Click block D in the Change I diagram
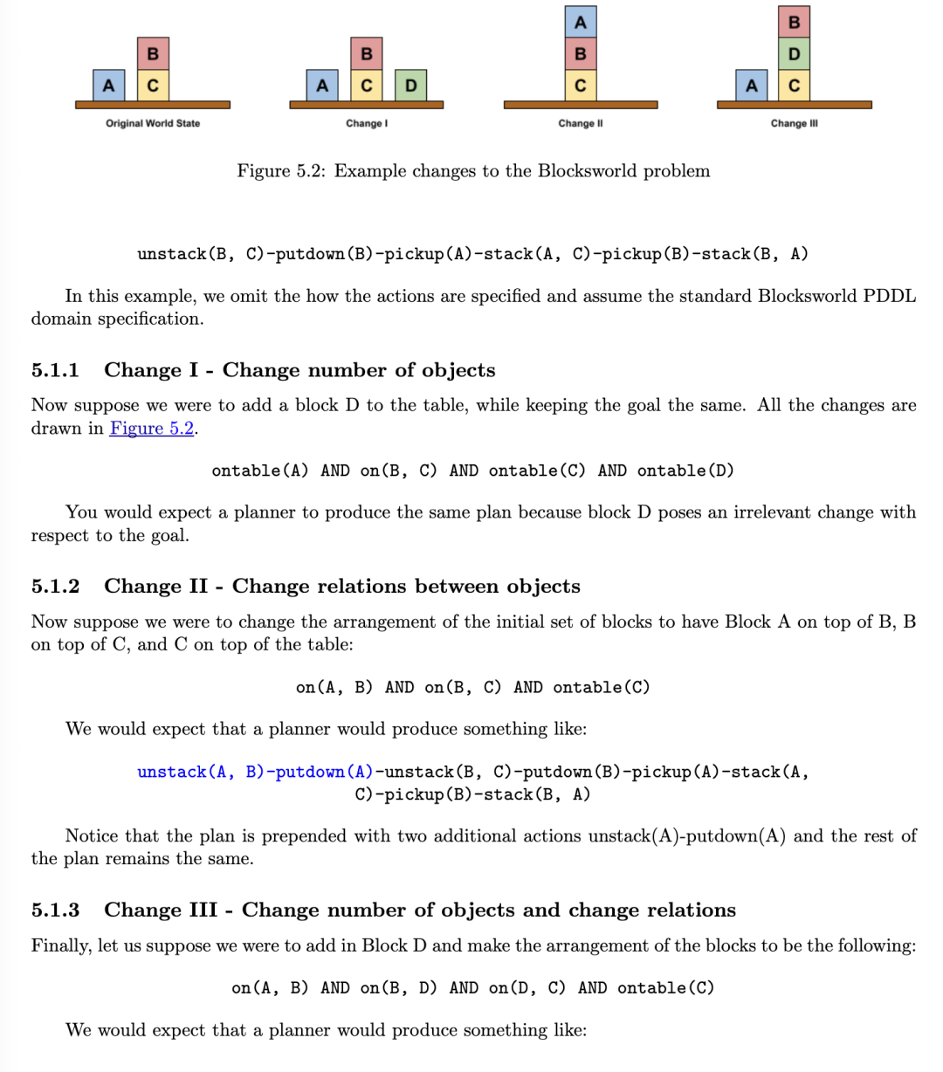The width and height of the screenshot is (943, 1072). pos(410,86)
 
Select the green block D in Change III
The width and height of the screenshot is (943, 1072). pos(794,54)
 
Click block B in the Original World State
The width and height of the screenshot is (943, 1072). pos(152,54)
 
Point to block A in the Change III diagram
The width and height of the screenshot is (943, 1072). pos(751,86)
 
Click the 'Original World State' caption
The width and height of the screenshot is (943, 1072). pos(153,123)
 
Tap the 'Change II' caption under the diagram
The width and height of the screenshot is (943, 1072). pos(581,123)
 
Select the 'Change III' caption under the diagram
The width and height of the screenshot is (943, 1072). pos(794,123)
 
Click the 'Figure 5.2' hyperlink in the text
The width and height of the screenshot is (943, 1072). pos(152,428)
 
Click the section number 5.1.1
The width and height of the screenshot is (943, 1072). pos(55,370)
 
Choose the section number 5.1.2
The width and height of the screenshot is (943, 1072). pos(55,586)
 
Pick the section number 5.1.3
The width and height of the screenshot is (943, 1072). pos(55,910)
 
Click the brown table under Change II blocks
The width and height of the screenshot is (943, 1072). pos(581,105)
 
